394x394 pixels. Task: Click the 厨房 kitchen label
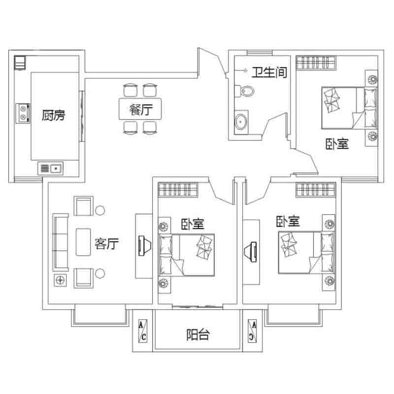coord(53,115)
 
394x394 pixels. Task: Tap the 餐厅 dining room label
coord(141,110)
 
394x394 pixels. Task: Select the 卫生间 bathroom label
coord(269,72)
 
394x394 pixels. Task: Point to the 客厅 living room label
coord(106,243)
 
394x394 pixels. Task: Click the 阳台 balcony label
coord(198,335)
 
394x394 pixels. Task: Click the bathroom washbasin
coord(241,122)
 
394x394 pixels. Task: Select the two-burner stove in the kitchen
coord(23,113)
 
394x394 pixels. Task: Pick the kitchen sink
coord(51,168)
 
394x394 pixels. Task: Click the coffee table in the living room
coord(83,242)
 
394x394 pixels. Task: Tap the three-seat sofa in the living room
coord(60,242)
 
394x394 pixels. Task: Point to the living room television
coord(145,246)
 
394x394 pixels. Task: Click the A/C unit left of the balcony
coord(143,331)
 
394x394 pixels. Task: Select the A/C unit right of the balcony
coord(252,330)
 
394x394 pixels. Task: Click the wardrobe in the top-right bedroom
coord(316,63)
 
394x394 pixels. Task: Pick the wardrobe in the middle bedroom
coord(178,190)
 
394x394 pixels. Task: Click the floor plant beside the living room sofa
coord(60,280)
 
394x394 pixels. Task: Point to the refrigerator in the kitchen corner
coord(20,63)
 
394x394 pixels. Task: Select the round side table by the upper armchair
coord(100,210)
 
